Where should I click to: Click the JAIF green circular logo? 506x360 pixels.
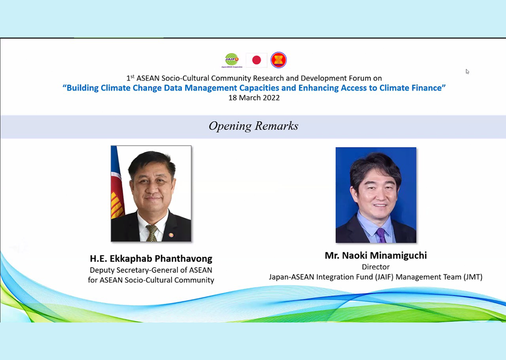(x=231, y=60)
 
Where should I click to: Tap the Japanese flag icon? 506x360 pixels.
(x=256, y=60)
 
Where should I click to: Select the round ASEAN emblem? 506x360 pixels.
(x=278, y=60)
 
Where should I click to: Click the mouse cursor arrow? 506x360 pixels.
(x=467, y=72)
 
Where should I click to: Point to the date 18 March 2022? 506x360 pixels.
(x=254, y=98)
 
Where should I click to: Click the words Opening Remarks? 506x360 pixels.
(x=253, y=126)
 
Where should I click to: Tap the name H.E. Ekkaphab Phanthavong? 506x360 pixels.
(x=151, y=258)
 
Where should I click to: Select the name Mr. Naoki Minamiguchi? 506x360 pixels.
(x=376, y=255)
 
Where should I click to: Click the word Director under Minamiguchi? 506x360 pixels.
(x=376, y=267)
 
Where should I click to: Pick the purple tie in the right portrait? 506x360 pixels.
(x=381, y=234)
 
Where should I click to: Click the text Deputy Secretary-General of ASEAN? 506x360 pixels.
(x=151, y=270)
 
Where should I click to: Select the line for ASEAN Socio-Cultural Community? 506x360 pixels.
(x=151, y=280)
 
